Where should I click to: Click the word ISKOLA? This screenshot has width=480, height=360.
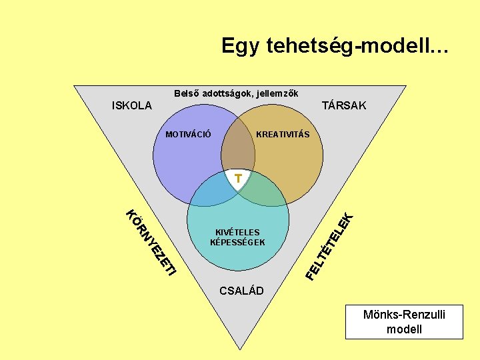pyautogui.click(x=132, y=105)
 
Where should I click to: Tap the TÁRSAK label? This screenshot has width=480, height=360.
pyautogui.click(x=344, y=105)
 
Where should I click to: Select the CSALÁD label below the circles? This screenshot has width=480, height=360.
pyautogui.click(x=242, y=291)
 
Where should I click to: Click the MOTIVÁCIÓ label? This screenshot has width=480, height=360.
pyautogui.click(x=189, y=135)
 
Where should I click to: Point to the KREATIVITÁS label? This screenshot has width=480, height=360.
pyautogui.click(x=283, y=135)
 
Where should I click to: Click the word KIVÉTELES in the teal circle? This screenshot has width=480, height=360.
pyautogui.click(x=237, y=232)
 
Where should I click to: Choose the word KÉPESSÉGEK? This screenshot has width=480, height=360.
pyautogui.click(x=237, y=242)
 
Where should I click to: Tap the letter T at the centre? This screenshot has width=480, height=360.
pyautogui.click(x=238, y=177)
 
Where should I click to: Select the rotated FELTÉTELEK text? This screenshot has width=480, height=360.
pyautogui.click(x=329, y=245)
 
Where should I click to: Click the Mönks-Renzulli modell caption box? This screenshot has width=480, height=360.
pyautogui.click(x=404, y=321)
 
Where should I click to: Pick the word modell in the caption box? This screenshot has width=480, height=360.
pyautogui.click(x=404, y=329)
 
